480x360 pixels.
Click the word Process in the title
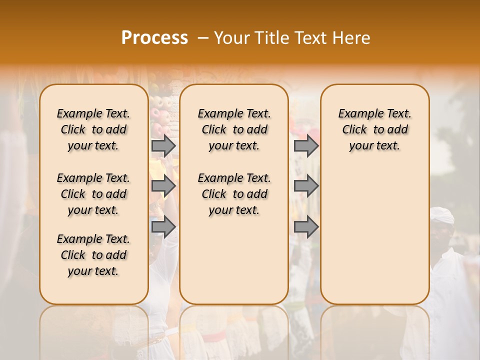pos(154,38)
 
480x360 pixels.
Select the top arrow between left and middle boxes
pos(163,145)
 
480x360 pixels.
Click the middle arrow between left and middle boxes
pos(163,186)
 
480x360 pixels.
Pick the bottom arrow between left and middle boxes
pos(163,227)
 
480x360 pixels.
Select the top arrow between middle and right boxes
pos(306,145)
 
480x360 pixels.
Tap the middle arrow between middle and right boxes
pos(306,186)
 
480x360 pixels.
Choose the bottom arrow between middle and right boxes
pos(306,227)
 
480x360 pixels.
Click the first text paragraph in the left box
pos(93,129)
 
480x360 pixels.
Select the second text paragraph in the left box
pos(93,194)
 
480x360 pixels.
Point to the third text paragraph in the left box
pos(93,255)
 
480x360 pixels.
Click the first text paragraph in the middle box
pos(234,129)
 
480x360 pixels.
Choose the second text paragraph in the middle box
pos(234,194)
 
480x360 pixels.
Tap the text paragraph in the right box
pos(374,129)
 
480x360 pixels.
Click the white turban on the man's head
pos(442,215)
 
